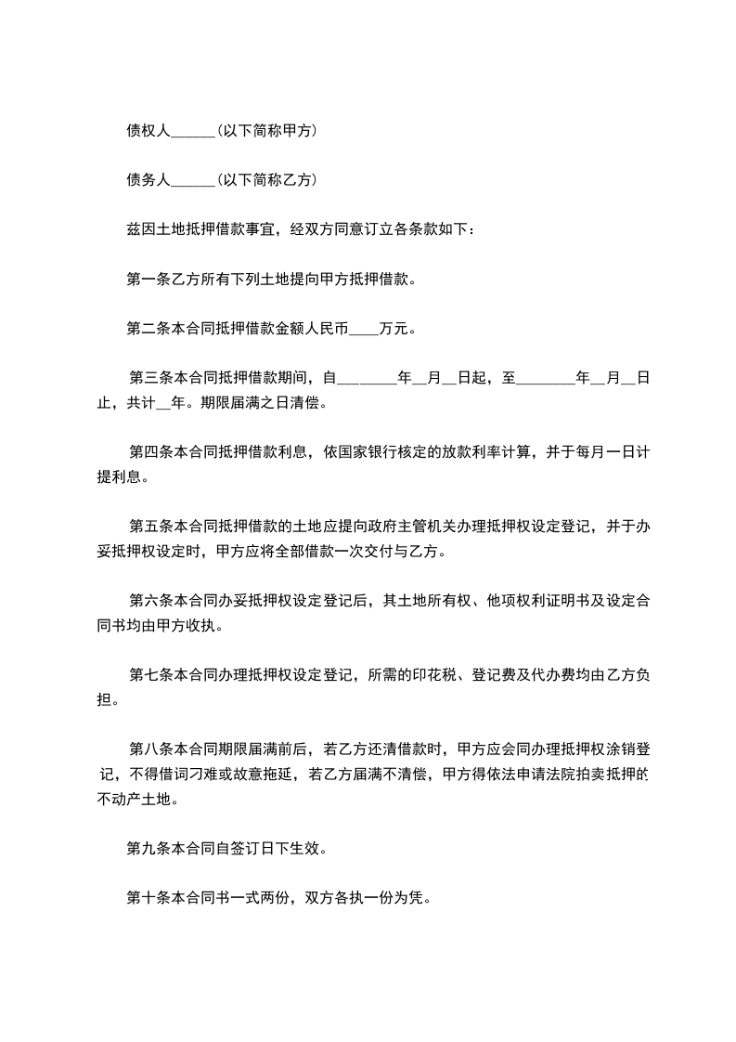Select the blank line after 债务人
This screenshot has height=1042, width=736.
click(193, 180)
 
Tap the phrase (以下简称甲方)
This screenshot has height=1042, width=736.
click(266, 131)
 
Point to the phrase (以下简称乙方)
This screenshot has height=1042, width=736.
click(266, 180)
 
